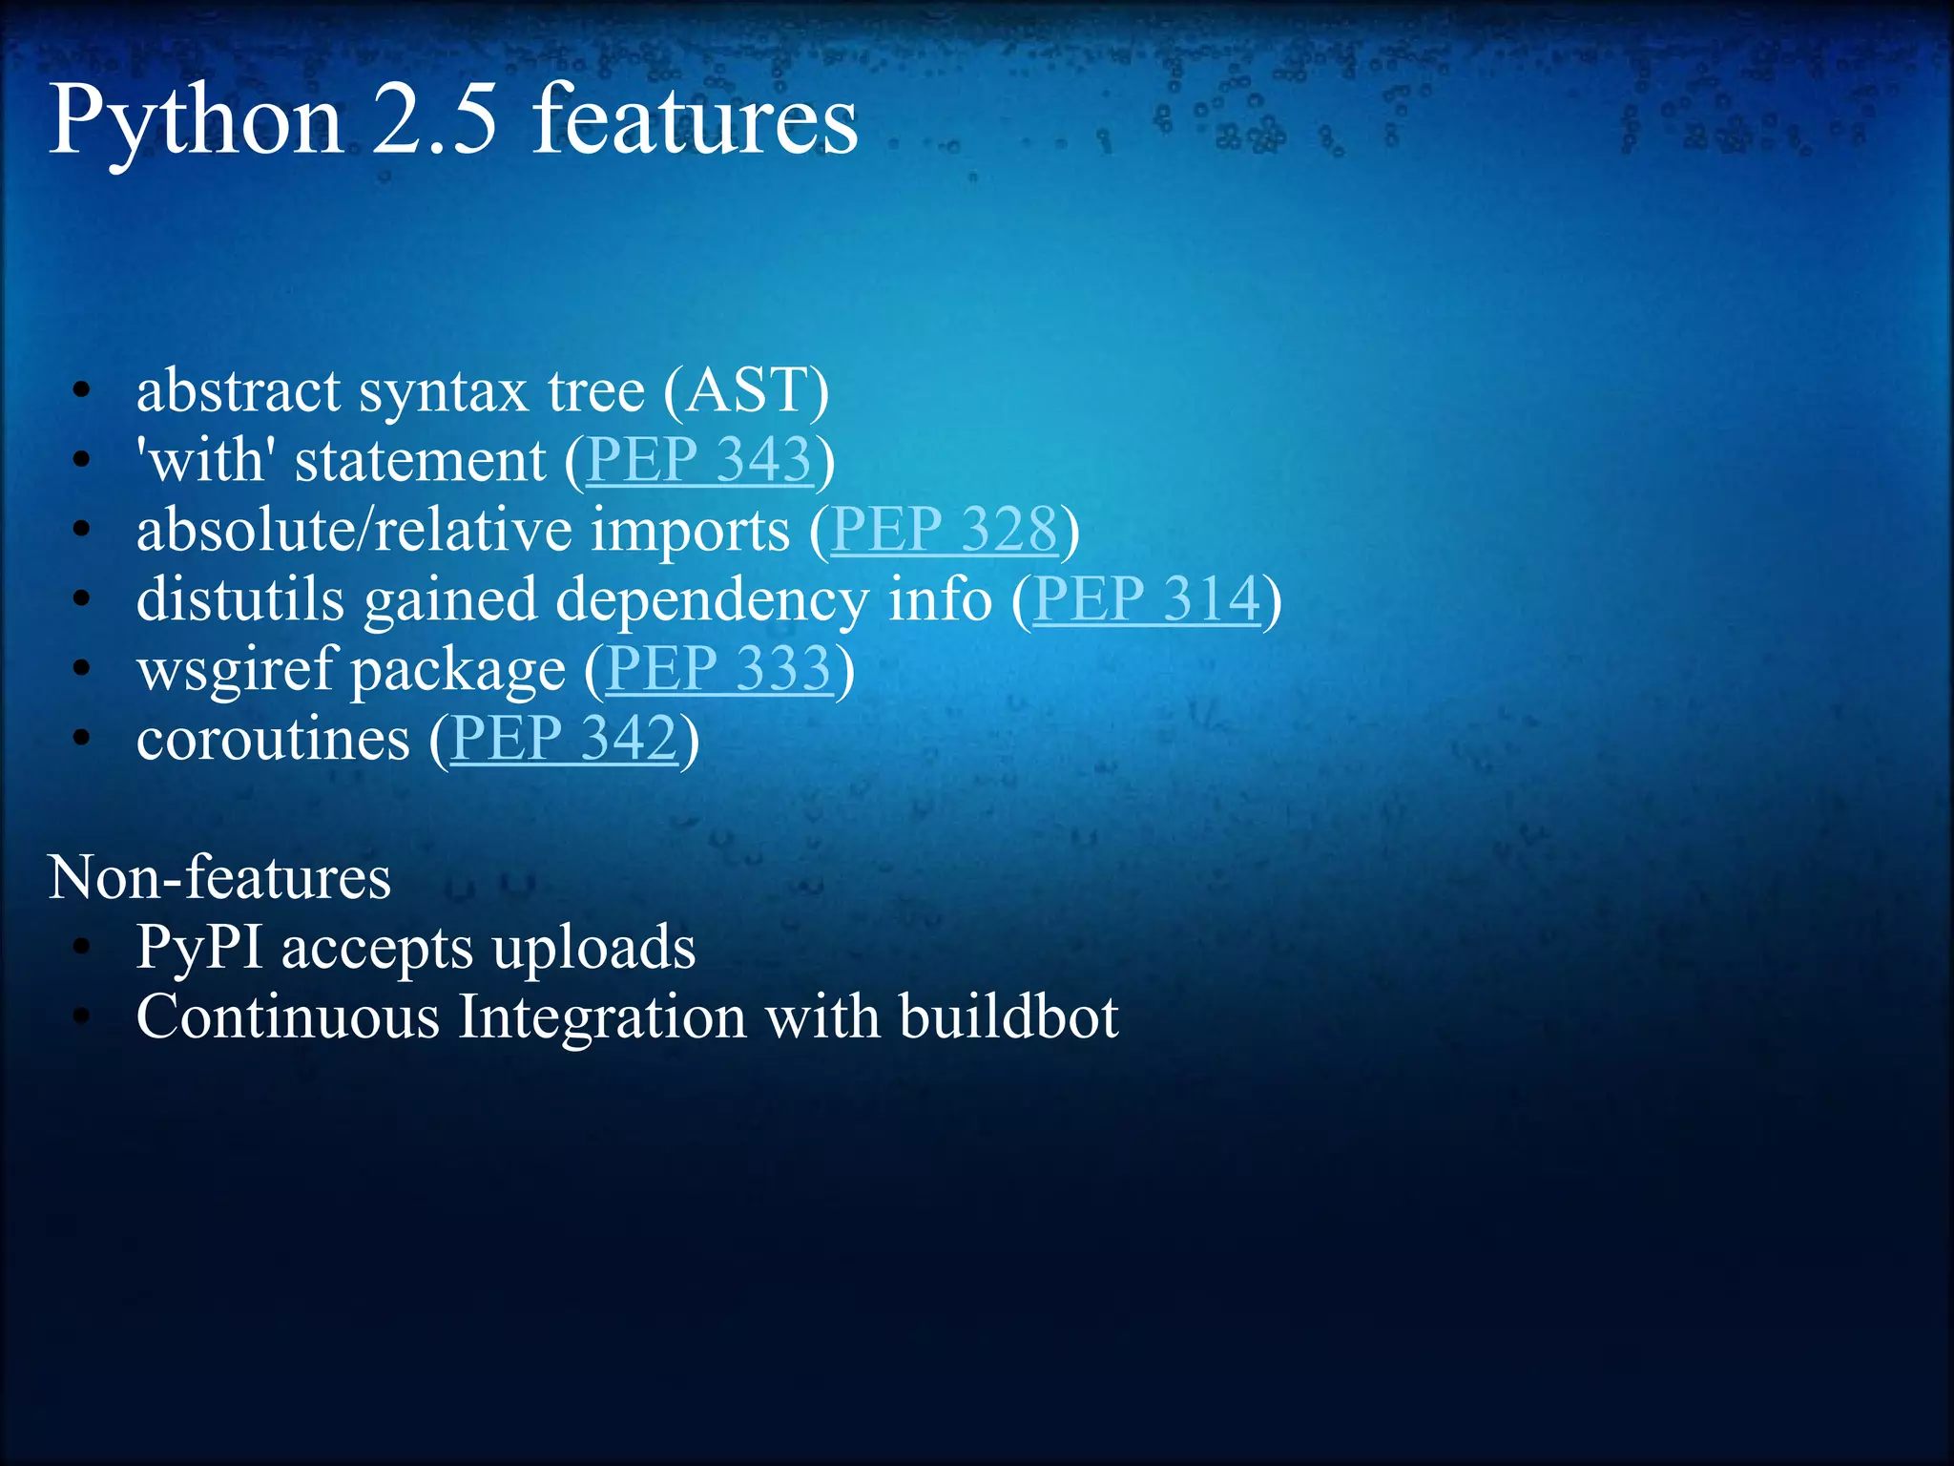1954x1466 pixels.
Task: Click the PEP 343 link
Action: pyautogui.click(x=698, y=460)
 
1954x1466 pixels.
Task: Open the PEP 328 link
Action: pyautogui.click(x=945, y=530)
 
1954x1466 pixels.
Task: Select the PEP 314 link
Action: pyautogui.click(x=1146, y=599)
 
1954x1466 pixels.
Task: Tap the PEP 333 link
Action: pyautogui.click(x=718, y=668)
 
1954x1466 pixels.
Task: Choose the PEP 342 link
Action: pyautogui.click(x=564, y=738)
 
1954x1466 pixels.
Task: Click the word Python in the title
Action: pyautogui.click(x=196, y=121)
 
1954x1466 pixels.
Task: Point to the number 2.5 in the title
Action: pyautogui.click(x=435, y=121)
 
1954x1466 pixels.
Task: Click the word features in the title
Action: pyautogui.click(x=695, y=121)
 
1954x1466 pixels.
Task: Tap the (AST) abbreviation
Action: pyautogui.click(x=746, y=391)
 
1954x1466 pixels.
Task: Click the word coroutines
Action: pyautogui.click(x=273, y=738)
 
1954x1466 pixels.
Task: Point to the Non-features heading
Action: pyautogui.click(x=219, y=877)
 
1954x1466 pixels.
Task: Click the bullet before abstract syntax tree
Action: pyautogui.click(x=82, y=391)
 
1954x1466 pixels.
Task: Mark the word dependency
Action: pyautogui.click(x=713, y=599)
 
